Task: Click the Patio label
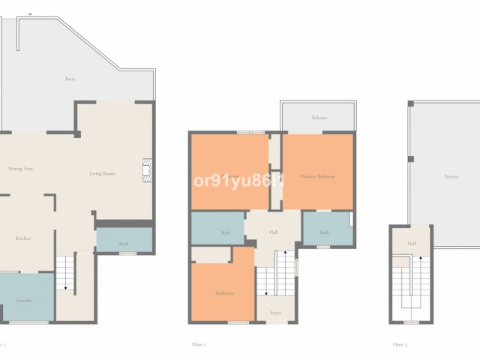point(70,79)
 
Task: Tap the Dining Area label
point(20,169)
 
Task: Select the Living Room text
point(102,174)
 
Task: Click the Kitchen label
point(23,238)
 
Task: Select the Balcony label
point(319,118)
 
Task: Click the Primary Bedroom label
point(317,176)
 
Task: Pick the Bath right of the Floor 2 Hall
point(324,232)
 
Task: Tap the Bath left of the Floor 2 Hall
point(226,233)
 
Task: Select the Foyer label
point(275,313)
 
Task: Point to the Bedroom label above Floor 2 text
point(224,293)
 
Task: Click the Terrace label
point(450,177)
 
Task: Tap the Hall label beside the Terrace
point(412,244)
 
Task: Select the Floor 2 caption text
point(199,345)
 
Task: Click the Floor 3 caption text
point(399,345)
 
